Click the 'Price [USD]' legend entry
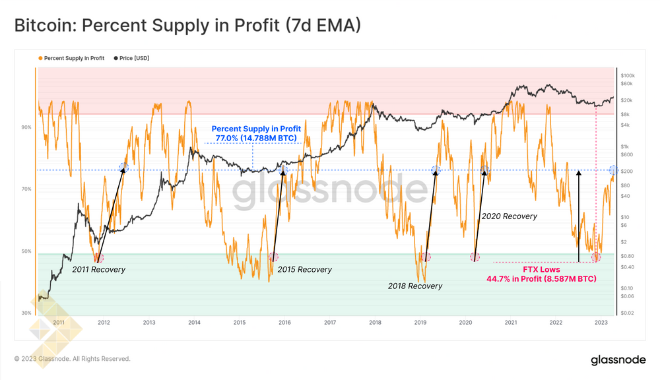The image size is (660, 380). (134, 59)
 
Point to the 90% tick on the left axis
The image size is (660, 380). (27, 127)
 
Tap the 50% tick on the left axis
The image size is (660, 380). (27, 251)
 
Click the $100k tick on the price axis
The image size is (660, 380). (628, 76)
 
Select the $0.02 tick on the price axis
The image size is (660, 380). (627, 313)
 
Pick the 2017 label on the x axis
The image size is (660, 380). (330, 323)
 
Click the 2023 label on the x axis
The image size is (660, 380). (601, 323)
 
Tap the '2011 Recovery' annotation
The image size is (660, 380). (98, 269)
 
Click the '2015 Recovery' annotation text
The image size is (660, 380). (305, 269)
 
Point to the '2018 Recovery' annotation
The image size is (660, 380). (415, 286)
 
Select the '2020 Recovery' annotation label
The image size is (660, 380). (509, 216)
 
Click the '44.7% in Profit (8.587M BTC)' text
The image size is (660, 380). (541, 279)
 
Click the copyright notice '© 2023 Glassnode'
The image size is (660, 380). (73, 359)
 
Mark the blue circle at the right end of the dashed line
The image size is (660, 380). (613, 170)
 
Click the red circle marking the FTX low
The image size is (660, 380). (597, 257)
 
